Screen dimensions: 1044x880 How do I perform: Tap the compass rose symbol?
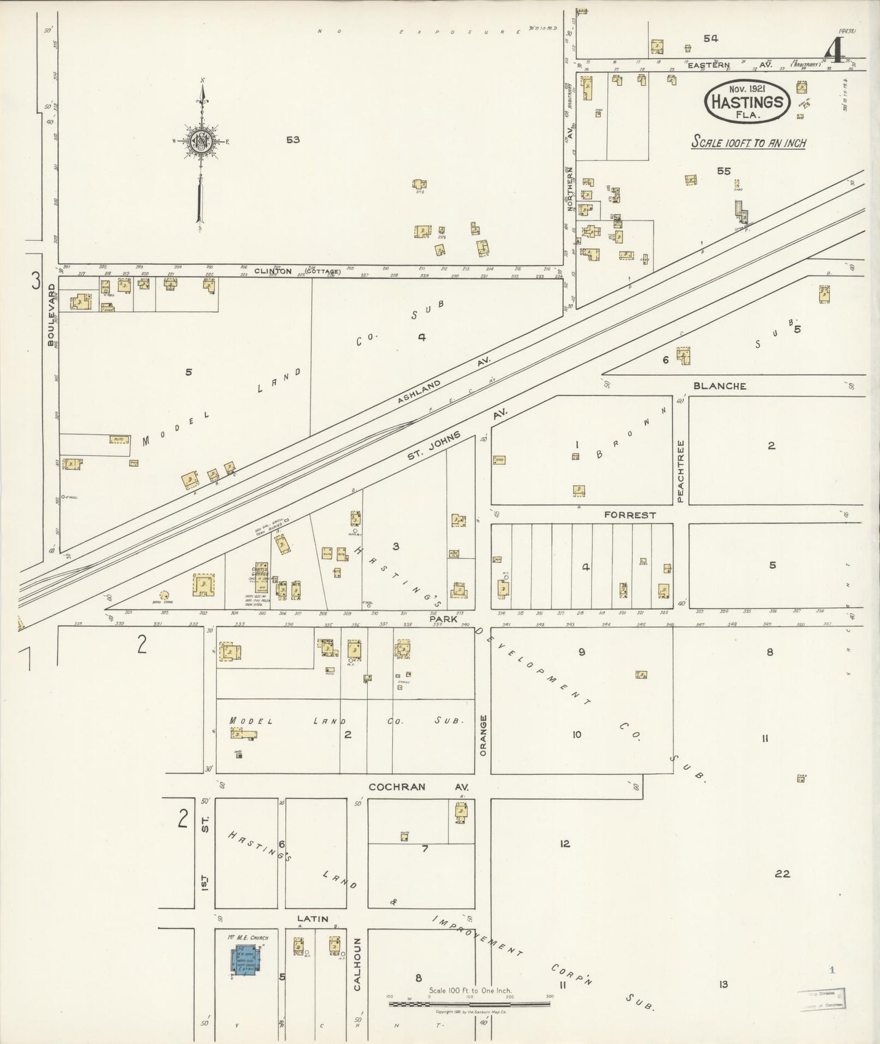click(200, 141)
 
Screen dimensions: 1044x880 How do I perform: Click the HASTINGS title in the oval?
click(747, 102)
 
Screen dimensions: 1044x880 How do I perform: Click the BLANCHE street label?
click(719, 386)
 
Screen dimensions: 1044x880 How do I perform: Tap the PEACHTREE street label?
click(681, 471)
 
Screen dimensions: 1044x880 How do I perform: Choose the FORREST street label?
click(630, 515)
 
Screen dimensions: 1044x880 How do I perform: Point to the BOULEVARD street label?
click(52, 314)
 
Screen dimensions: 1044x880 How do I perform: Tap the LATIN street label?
click(312, 919)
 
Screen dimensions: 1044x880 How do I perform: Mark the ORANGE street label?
click(483, 735)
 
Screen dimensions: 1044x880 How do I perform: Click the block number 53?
click(293, 139)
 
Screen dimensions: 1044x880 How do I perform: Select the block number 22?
click(782, 874)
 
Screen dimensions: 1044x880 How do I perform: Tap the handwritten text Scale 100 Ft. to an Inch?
click(748, 143)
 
